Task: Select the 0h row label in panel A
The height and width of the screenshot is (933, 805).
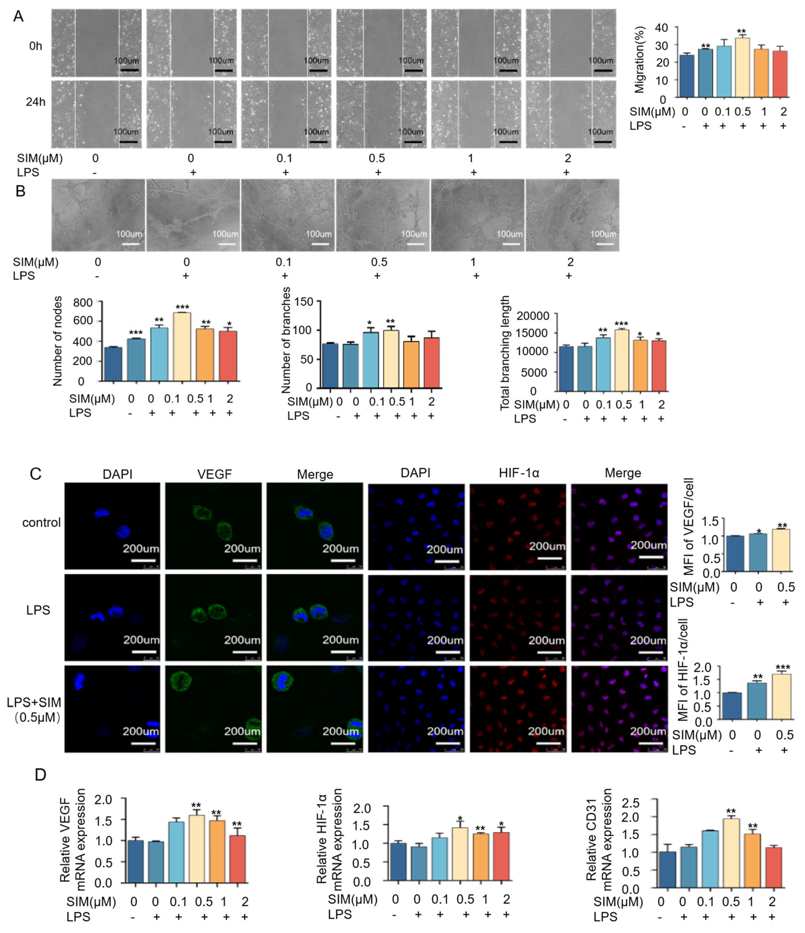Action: pyautogui.click(x=36, y=46)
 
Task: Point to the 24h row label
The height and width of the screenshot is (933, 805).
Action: pyautogui.click(x=36, y=102)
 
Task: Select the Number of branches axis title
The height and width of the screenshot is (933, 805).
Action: pyautogui.click(x=286, y=341)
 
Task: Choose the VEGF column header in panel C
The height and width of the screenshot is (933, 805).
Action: pyautogui.click(x=214, y=474)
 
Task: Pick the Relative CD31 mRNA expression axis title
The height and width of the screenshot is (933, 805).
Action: pyautogui.click(x=599, y=840)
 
